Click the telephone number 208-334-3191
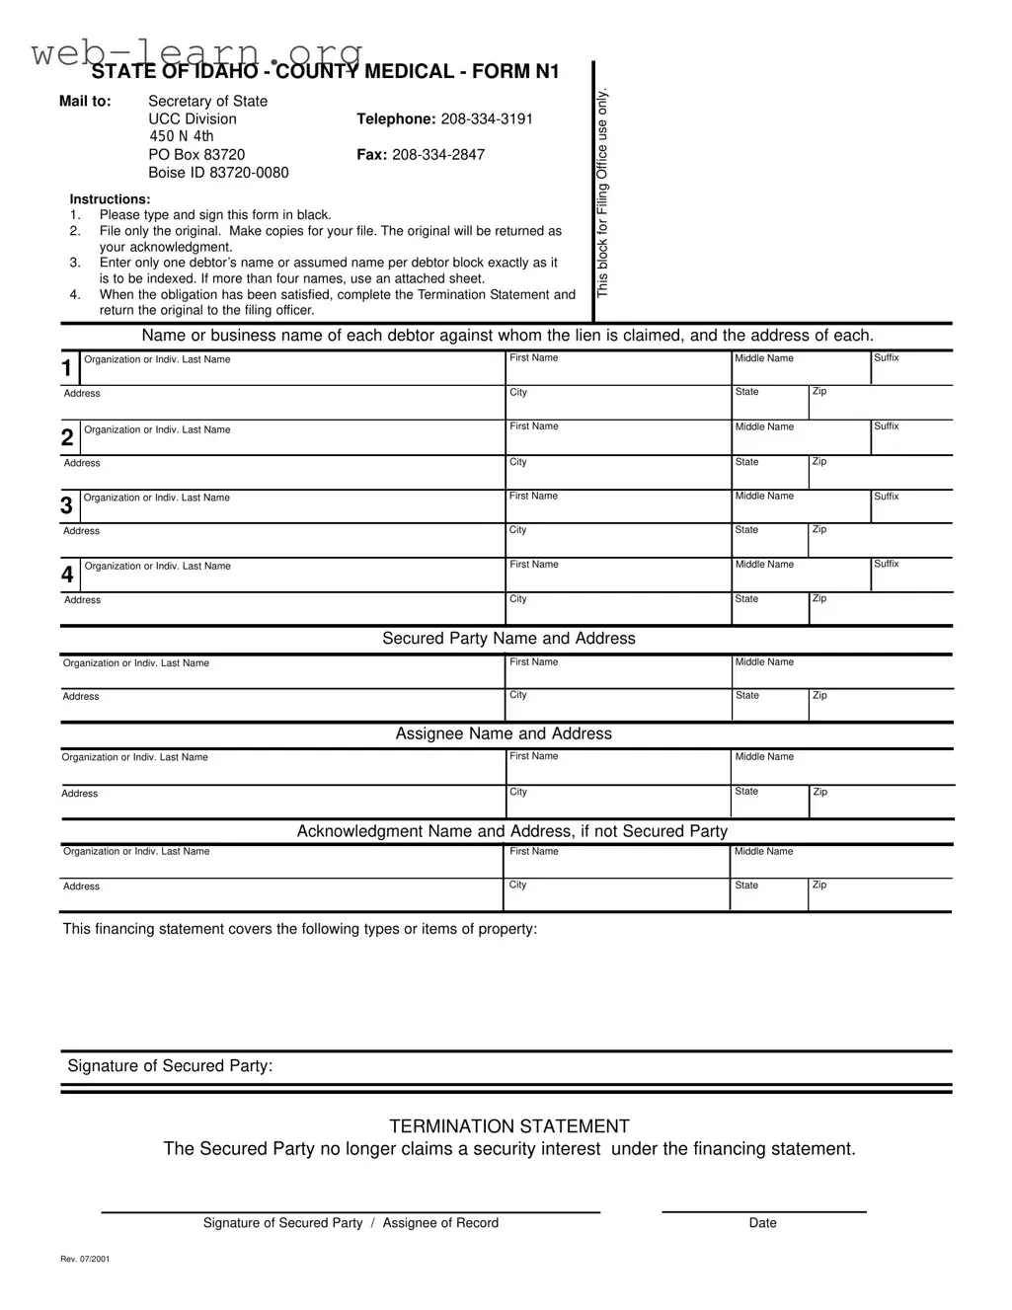point(487,119)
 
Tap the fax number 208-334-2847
point(438,155)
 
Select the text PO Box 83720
point(196,155)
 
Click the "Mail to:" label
point(85,102)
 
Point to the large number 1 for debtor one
point(66,369)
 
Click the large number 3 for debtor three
point(66,506)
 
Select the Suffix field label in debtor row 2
point(886,426)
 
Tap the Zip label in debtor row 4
point(819,599)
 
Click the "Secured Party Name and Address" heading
point(508,639)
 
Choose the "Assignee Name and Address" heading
point(504,733)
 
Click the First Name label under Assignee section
point(533,756)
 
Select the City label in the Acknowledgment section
point(517,886)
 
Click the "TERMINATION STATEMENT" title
point(508,1126)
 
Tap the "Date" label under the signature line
point(762,1223)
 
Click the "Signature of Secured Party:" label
point(170,1066)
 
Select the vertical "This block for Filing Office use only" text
point(602,193)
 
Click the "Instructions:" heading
point(110,199)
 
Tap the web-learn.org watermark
point(197,52)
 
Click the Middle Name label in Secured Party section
point(764,662)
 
